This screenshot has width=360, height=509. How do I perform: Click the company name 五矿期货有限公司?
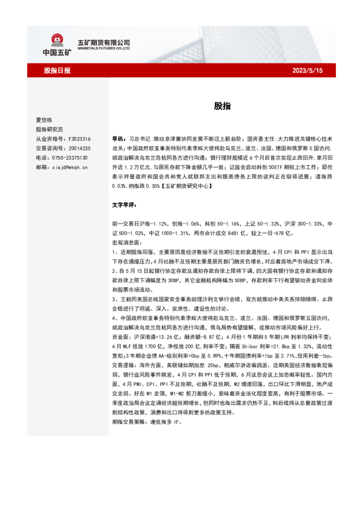click(104, 42)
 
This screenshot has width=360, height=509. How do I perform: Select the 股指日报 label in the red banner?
click(57, 71)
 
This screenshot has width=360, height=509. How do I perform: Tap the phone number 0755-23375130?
click(73, 157)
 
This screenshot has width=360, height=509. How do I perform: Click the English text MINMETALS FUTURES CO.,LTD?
click(104, 50)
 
